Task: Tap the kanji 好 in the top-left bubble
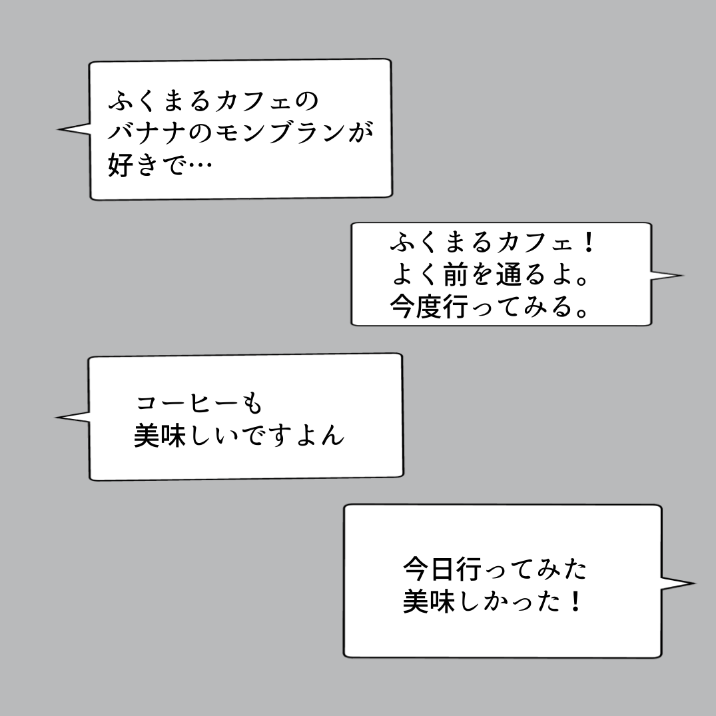click(121, 165)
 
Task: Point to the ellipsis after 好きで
click(200, 165)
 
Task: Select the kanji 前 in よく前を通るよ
click(456, 274)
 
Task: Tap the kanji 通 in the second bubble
click(508, 274)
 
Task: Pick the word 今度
click(416, 306)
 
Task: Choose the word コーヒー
click(187, 404)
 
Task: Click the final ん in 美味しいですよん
click(332, 435)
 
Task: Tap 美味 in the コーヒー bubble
click(160, 435)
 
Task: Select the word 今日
click(429, 569)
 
